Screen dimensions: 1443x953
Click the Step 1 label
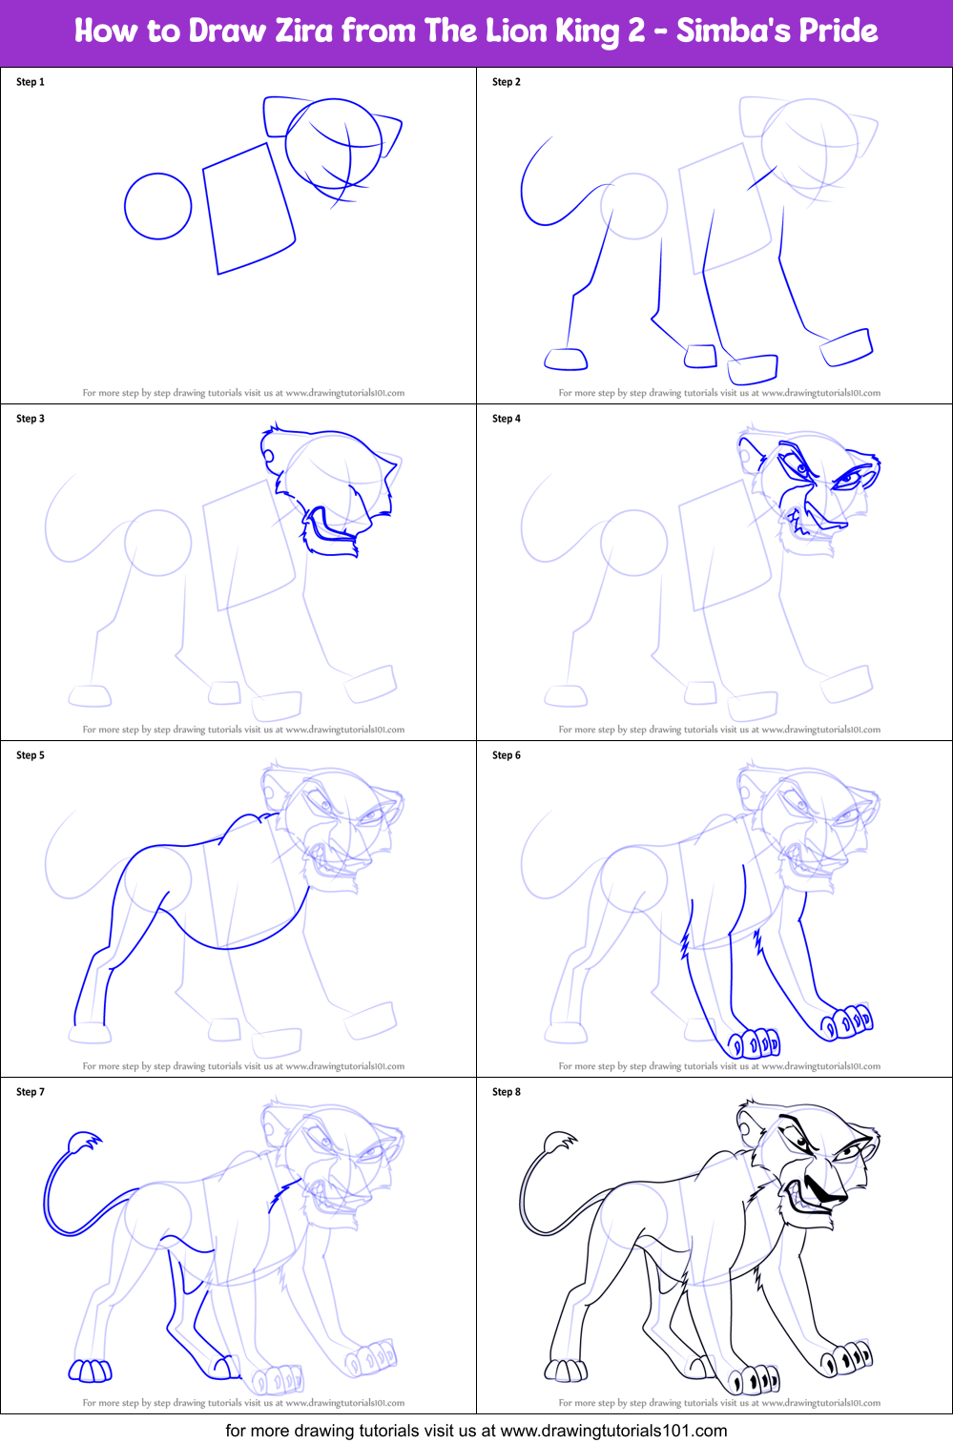pos(31,82)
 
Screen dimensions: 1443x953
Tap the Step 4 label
pos(507,419)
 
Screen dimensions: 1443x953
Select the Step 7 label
pos(31,1092)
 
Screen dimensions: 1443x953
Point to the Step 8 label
pos(507,1092)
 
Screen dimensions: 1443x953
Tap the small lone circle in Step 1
pos(158,206)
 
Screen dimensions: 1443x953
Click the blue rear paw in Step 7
pos(91,1371)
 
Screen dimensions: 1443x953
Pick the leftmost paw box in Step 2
pos(566,360)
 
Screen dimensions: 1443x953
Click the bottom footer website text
pos(476,1431)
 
